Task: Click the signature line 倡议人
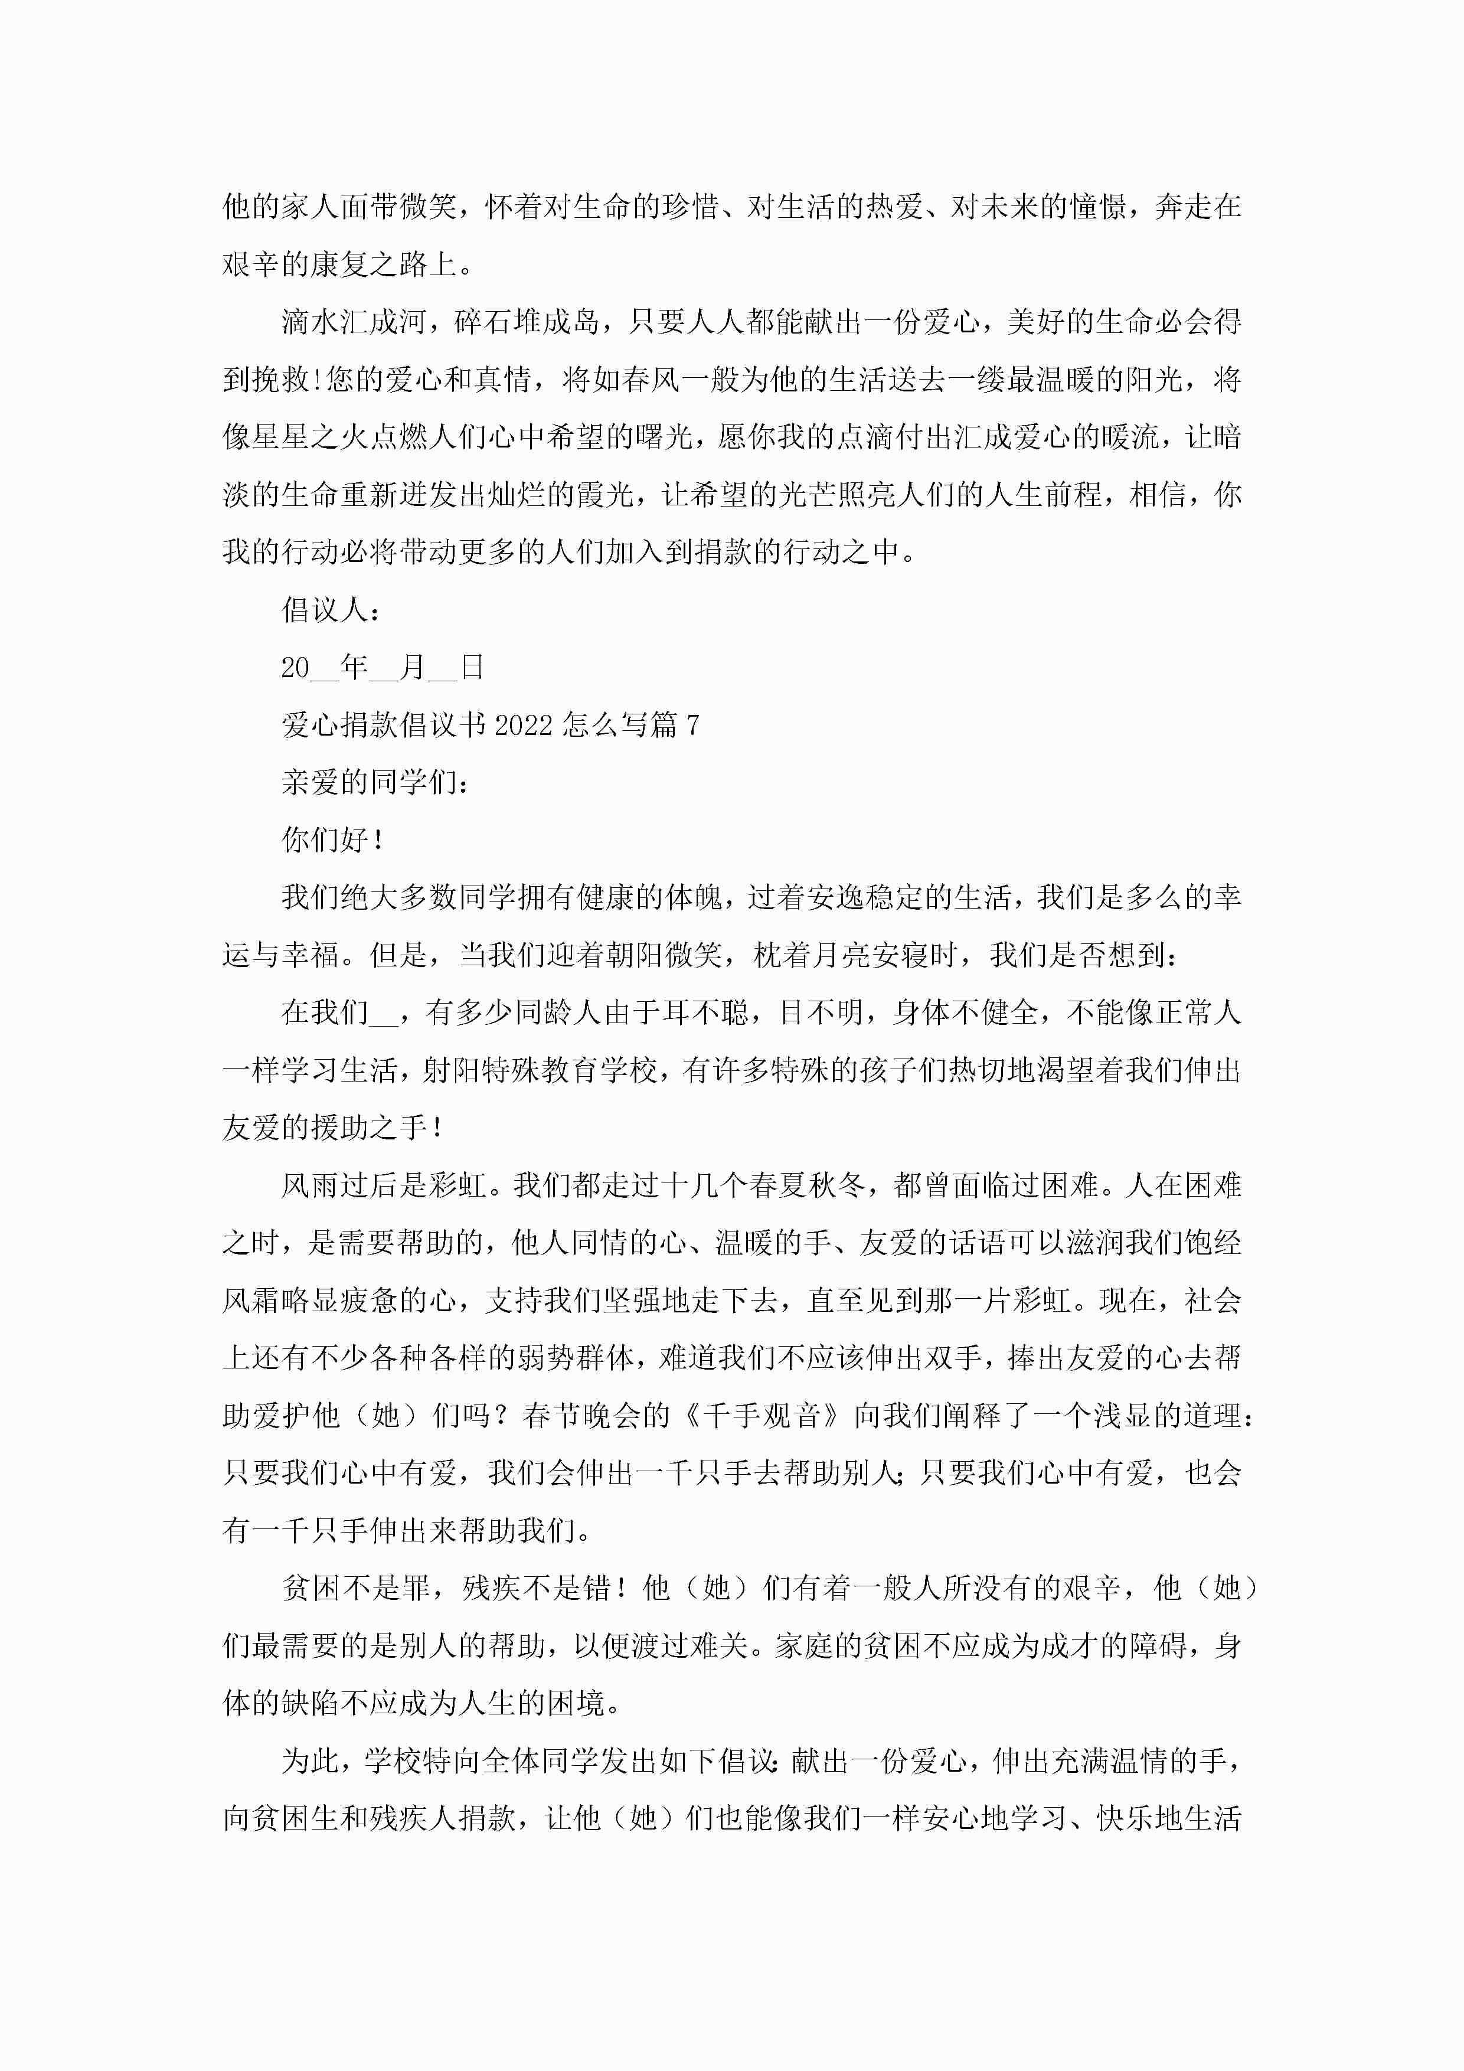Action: click(x=325, y=610)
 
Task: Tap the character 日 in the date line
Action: click(x=472, y=668)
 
